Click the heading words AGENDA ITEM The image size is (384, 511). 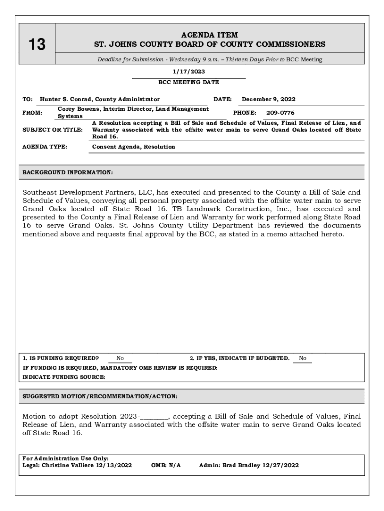click(209, 35)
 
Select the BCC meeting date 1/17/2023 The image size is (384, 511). click(189, 71)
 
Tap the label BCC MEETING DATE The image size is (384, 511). click(189, 82)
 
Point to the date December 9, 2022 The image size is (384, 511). click(268, 99)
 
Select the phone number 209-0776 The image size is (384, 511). click(280, 113)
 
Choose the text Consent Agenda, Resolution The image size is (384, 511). click(134, 147)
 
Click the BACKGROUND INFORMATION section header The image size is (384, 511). click(68, 173)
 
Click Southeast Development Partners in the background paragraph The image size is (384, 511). click(84, 192)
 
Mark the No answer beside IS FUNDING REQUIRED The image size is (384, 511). click(120, 358)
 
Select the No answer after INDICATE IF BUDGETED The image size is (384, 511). click(303, 358)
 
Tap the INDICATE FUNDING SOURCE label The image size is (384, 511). click(64, 377)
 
